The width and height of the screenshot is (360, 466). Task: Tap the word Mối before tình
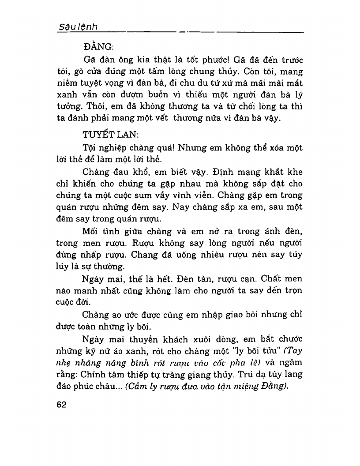(x=91, y=231)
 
